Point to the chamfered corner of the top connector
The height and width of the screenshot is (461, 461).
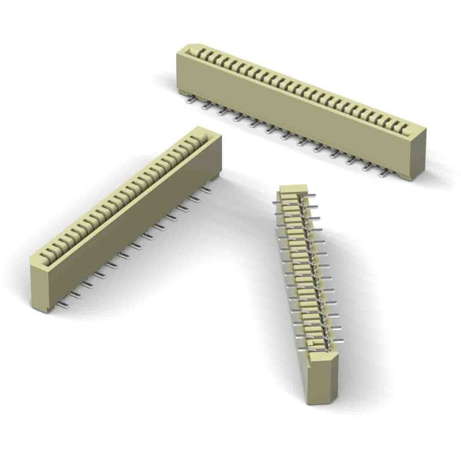191,47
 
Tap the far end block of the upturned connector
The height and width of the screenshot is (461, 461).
292,190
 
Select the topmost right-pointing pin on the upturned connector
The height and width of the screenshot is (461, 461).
311,198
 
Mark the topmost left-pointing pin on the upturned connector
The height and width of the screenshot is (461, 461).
277,203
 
